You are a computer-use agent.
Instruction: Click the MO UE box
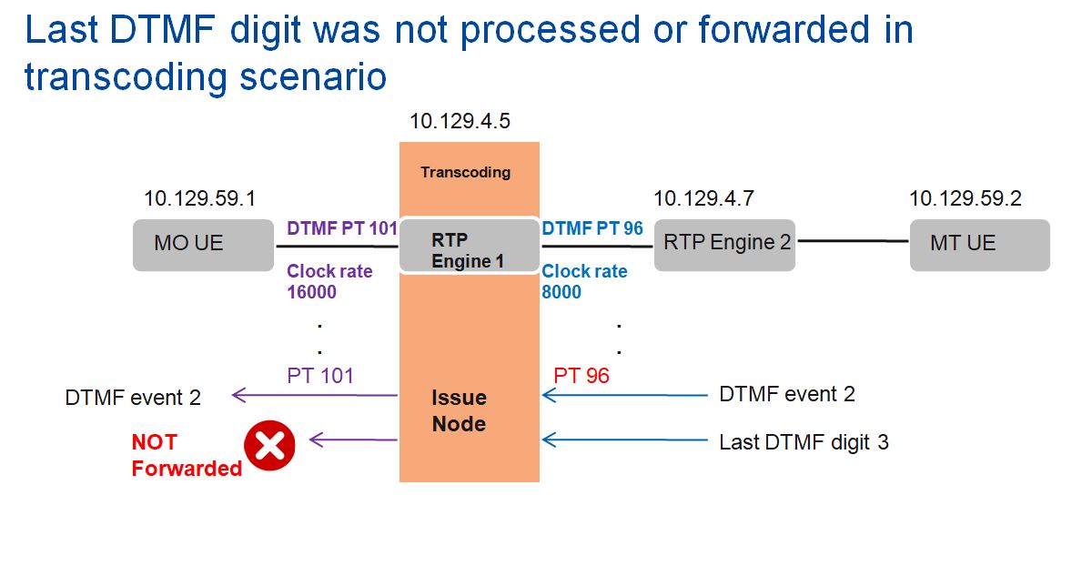pyautogui.click(x=204, y=244)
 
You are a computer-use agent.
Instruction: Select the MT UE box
pyautogui.click(x=979, y=244)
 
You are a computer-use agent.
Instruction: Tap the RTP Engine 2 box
pyautogui.click(x=724, y=244)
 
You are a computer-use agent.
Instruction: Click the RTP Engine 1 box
pyautogui.click(x=469, y=244)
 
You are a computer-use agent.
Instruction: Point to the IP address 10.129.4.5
pyautogui.click(x=461, y=122)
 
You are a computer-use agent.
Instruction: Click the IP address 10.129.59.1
pyautogui.click(x=200, y=197)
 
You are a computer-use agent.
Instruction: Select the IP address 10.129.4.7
pyautogui.click(x=703, y=197)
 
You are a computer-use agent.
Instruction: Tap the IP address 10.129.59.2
pyautogui.click(x=966, y=197)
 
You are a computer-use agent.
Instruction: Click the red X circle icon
pyautogui.click(x=270, y=446)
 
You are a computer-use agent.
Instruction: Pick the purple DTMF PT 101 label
pyautogui.click(x=342, y=228)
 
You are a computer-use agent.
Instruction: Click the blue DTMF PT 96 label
pyautogui.click(x=592, y=228)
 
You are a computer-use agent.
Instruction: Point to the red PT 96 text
pyautogui.click(x=581, y=375)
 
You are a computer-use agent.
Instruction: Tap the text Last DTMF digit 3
pyautogui.click(x=804, y=442)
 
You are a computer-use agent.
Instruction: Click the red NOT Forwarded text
pyautogui.click(x=186, y=455)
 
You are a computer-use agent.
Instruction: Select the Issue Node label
pyautogui.click(x=459, y=410)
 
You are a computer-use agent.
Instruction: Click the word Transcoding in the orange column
pyautogui.click(x=465, y=172)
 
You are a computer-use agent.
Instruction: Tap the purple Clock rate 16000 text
pyautogui.click(x=329, y=281)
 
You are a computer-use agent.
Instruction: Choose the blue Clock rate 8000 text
pyautogui.click(x=584, y=281)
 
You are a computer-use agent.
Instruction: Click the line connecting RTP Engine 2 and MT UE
pyautogui.click(x=853, y=241)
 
